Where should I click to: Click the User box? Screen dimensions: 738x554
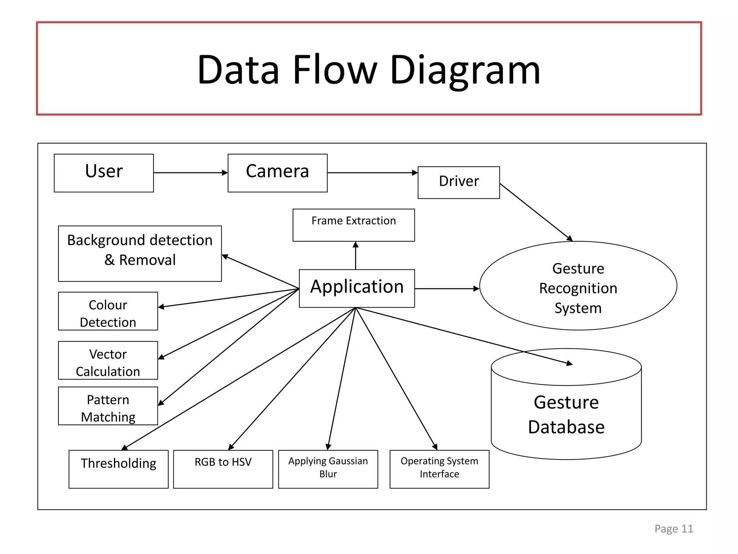pyautogui.click(x=104, y=173)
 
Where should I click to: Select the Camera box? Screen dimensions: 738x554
pyautogui.click(x=277, y=173)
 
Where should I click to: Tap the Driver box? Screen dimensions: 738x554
pyautogui.click(x=459, y=183)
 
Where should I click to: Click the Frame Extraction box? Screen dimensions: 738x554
pyautogui.click(x=354, y=225)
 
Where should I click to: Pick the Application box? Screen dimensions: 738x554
pyautogui.click(x=357, y=289)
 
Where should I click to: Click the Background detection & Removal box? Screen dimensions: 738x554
pyautogui.click(x=140, y=254)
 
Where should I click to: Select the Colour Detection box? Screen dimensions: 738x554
pyautogui.click(x=108, y=311)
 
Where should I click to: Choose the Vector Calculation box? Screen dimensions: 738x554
pyautogui.click(x=108, y=360)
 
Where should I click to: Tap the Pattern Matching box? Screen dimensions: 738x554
pyautogui.click(x=108, y=406)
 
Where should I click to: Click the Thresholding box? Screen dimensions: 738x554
pyautogui.click(x=119, y=469)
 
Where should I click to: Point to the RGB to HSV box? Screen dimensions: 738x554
pyautogui.click(x=223, y=469)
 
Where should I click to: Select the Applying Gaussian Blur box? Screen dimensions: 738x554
pyautogui.click(x=328, y=469)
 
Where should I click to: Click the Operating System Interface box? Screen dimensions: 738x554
pyautogui.click(x=440, y=469)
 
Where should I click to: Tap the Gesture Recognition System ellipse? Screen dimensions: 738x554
pyautogui.click(x=578, y=286)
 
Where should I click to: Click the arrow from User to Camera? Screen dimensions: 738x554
pyautogui.click(x=191, y=173)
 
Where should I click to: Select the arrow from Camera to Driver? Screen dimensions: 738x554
pyautogui.click(x=373, y=173)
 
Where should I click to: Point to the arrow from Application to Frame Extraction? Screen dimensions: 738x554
pyautogui.click(x=356, y=255)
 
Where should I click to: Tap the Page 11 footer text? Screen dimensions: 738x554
pyautogui.click(x=674, y=529)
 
